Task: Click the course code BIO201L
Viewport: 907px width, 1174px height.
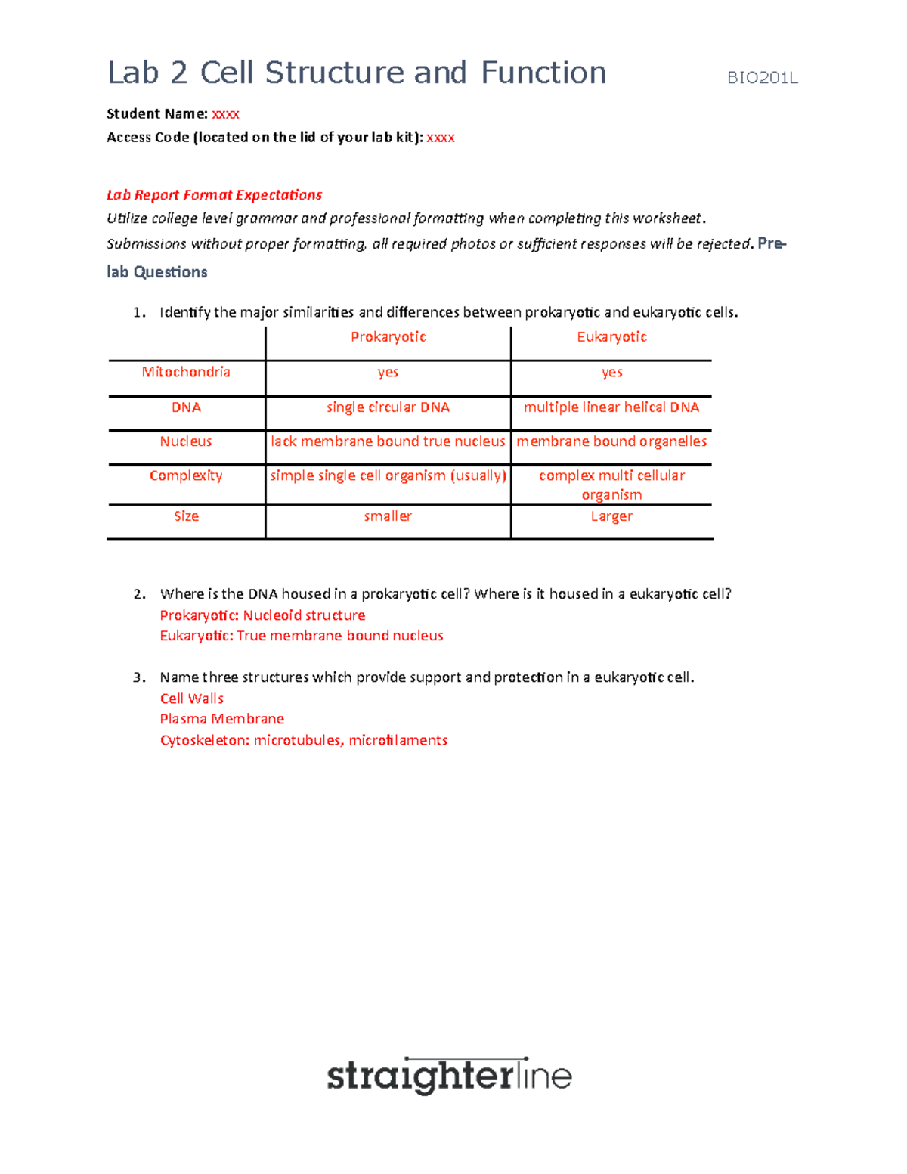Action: pyautogui.click(x=762, y=78)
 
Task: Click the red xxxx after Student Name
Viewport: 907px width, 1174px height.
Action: pyautogui.click(x=225, y=114)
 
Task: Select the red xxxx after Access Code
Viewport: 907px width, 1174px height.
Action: pyautogui.click(x=441, y=138)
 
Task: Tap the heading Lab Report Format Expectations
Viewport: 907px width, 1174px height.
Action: pyautogui.click(x=214, y=195)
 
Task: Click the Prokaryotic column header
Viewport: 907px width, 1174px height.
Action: pyautogui.click(x=388, y=337)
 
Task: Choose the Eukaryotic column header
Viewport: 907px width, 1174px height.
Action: pyautogui.click(x=611, y=337)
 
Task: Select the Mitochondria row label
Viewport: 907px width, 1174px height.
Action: pyautogui.click(x=186, y=372)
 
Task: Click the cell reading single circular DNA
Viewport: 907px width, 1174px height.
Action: pyautogui.click(x=388, y=407)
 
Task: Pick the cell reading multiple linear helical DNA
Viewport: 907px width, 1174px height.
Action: pyautogui.click(x=611, y=407)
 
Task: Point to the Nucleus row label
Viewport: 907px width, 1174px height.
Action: pyautogui.click(x=186, y=441)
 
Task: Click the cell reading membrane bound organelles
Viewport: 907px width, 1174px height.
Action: pyautogui.click(x=611, y=441)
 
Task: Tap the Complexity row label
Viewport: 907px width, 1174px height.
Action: pyautogui.click(x=186, y=475)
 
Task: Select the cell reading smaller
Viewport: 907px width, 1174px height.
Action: pyautogui.click(x=388, y=516)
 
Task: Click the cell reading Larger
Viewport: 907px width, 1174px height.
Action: pyautogui.click(x=611, y=516)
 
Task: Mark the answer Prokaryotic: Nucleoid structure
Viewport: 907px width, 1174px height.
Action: pyautogui.click(x=262, y=615)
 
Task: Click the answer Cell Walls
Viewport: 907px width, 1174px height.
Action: pyautogui.click(x=192, y=699)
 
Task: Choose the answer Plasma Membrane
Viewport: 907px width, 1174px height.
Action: pyautogui.click(x=222, y=719)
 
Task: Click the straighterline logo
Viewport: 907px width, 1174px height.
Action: pyautogui.click(x=449, y=1076)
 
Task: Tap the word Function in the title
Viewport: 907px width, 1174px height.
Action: pyautogui.click(x=543, y=73)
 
